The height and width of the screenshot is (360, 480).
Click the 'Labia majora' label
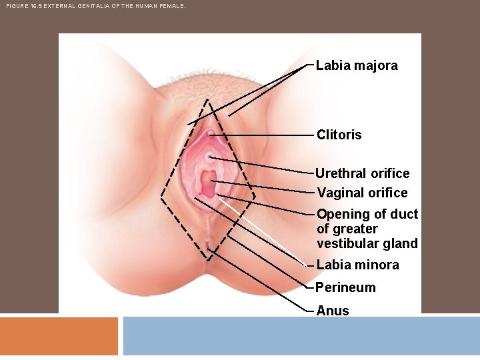coord(357,65)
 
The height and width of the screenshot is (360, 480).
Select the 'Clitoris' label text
coord(339,135)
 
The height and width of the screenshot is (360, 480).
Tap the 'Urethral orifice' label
coord(363,173)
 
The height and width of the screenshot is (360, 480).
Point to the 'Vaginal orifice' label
coord(362,193)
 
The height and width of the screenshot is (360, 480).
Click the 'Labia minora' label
coord(358,265)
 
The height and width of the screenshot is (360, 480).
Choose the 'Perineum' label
coord(345,287)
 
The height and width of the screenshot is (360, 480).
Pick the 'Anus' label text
coord(332,311)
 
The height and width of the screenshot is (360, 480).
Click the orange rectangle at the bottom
coord(59,336)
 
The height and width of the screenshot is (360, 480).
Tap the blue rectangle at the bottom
coord(301,336)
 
